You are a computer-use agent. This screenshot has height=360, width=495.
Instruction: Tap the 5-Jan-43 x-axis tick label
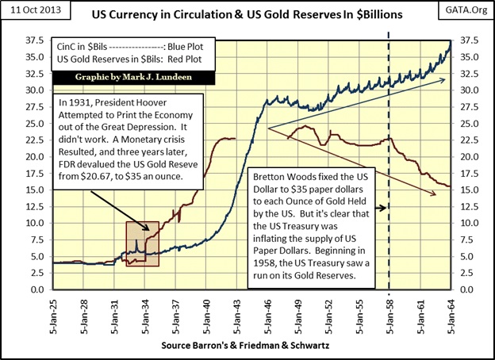pyautogui.click(x=237, y=314)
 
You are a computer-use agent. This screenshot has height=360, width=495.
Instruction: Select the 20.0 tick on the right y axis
pyautogui.click(x=467, y=156)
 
